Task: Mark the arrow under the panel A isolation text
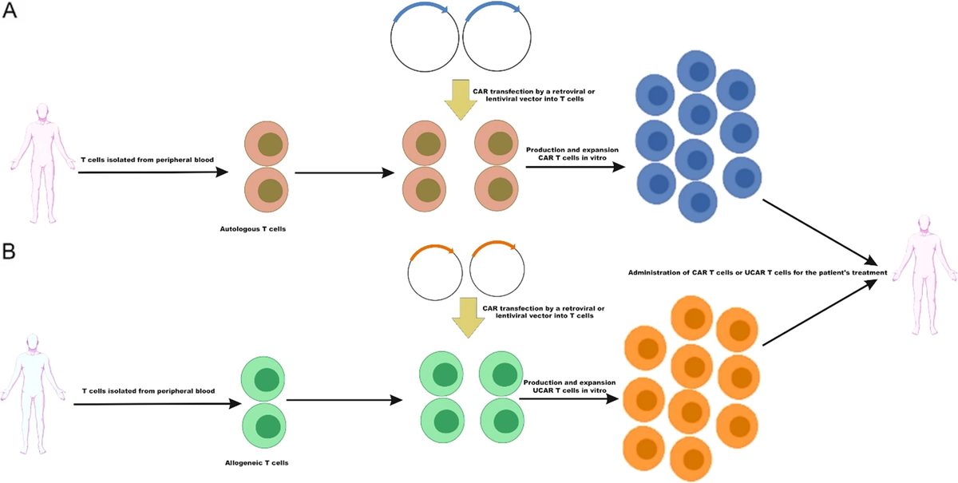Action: point(152,172)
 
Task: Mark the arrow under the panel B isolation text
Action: point(156,404)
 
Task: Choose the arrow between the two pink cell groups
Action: point(343,172)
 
